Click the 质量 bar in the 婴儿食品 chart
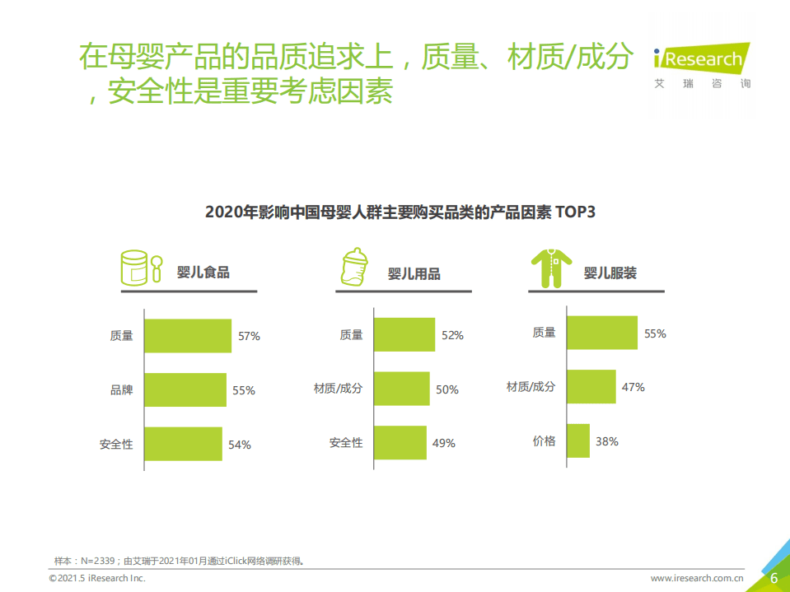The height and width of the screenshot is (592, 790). tap(188, 336)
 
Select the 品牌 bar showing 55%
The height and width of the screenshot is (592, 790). tap(185, 389)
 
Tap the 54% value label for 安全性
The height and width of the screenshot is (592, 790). tap(240, 445)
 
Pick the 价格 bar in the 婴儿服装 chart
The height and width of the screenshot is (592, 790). tap(578, 441)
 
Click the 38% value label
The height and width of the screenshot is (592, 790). tap(607, 441)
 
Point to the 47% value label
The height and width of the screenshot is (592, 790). tap(633, 387)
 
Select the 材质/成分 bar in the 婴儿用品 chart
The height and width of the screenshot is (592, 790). tap(402, 389)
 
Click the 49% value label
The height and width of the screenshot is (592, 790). tap(443, 443)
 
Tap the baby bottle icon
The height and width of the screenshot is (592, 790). tap(354, 266)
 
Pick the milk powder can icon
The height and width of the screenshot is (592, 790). tap(142, 268)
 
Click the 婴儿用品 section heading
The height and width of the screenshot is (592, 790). tap(414, 273)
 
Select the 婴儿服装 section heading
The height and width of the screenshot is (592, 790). tap(610, 273)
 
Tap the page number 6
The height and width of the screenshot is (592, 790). tap(774, 578)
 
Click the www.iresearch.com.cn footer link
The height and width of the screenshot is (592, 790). tap(698, 578)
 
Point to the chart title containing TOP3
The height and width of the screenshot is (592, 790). tap(400, 212)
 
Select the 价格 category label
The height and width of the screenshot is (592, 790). tap(545, 441)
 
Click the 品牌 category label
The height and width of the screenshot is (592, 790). tap(122, 390)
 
